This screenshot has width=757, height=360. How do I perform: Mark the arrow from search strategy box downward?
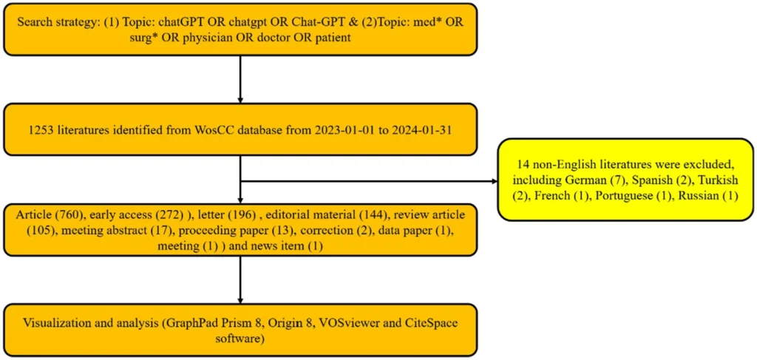[x=240, y=79]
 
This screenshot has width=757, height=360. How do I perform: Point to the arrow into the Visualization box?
[x=240, y=279]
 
